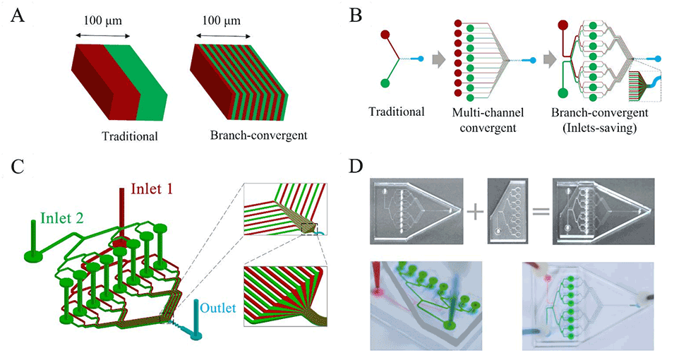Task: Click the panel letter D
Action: [x=357, y=167]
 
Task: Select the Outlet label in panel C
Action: [x=219, y=308]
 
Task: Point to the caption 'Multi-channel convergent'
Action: [x=482, y=119]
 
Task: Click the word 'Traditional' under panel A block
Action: [x=128, y=136]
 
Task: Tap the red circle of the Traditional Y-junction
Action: [x=385, y=32]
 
